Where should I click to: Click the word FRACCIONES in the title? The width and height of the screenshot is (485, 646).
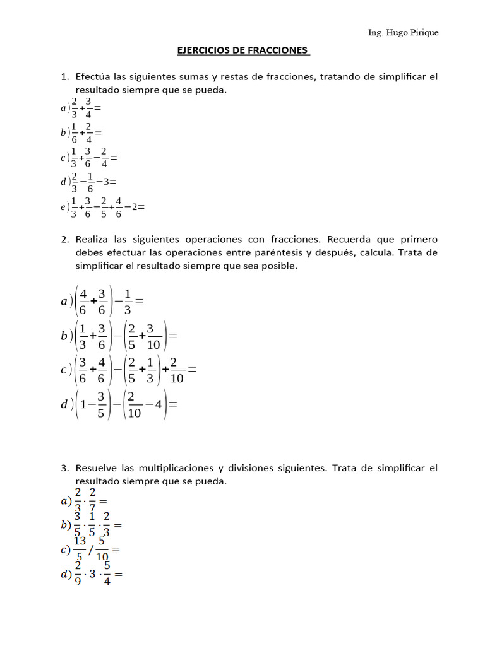[x=275, y=50]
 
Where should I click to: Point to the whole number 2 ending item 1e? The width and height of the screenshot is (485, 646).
[x=136, y=206]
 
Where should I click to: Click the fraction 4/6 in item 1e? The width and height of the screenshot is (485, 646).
[x=119, y=206]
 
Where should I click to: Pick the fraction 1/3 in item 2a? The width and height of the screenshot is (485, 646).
[x=128, y=302]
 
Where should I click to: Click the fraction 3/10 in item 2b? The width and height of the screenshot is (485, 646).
[x=153, y=336]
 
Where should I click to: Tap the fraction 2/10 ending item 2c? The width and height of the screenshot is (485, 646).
[x=177, y=370]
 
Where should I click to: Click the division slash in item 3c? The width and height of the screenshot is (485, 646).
[x=90, y=550]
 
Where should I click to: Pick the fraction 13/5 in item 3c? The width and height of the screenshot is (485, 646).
[x=80, y=549]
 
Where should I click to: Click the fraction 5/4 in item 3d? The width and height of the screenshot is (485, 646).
[x=107, y=574]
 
